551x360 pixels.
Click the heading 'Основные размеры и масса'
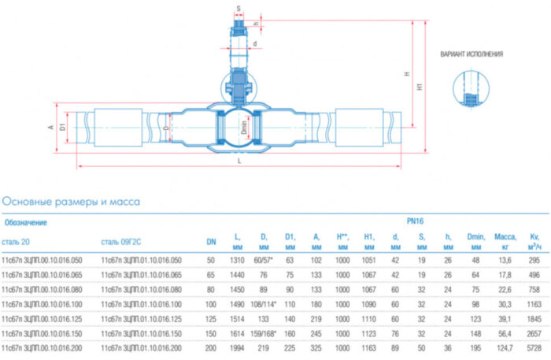[x=72, y=202]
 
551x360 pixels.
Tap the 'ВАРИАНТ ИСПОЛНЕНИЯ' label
[x=471, y=54]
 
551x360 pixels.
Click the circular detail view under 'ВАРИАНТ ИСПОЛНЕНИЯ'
[x=470, y=93]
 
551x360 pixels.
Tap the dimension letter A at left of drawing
[x=50, y=126]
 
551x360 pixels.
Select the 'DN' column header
[x=210, y=241]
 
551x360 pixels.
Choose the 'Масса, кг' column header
[x=504, y=241]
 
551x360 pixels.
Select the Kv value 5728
[x=535, y=347]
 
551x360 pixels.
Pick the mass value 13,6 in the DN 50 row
[x=504, y=260]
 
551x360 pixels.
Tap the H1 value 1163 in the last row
[x=368, y=347]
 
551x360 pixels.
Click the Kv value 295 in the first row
[x=535, y=260]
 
